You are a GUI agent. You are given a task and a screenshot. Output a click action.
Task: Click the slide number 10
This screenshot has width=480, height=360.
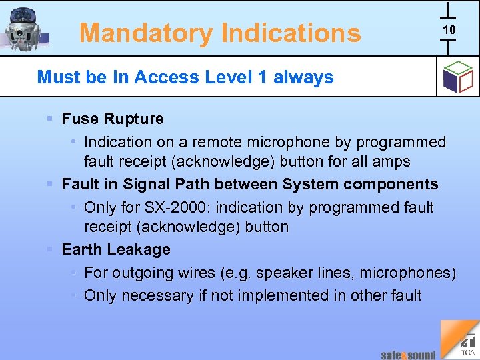pyautogui.click(x=449, y=30)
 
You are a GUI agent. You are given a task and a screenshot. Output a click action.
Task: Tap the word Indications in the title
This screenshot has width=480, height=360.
pyautogui.click(x=291, y=33)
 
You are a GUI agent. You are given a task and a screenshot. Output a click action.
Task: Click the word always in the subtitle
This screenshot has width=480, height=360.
pyautogui.click(x=303, y=77)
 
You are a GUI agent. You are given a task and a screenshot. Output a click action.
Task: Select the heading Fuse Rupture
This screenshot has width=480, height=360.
pyautogui.click(x=112, y=119)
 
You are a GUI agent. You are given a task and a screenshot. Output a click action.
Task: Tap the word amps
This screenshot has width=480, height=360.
pyautogui.click(x=393, y=161)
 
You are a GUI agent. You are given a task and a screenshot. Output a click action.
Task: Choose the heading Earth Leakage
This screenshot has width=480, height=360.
pyautogui.click(x=116, y=249)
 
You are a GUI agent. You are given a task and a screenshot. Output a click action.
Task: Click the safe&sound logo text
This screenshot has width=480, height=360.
pyautogui.click(x=408, y=355)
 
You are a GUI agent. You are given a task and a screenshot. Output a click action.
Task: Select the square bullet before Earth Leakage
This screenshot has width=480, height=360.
pyautogui.click(x=50, y=249)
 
